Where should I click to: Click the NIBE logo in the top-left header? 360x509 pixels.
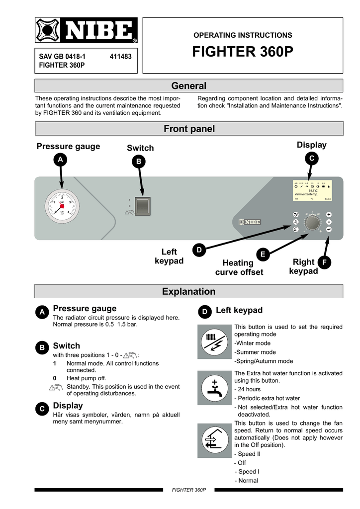pos(86,31)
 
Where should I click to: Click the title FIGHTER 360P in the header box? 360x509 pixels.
pos(243,53)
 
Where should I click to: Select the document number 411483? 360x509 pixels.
pos(120,57)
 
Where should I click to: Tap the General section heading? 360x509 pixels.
pos(188,86)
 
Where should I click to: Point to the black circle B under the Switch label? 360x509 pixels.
pos(139,162)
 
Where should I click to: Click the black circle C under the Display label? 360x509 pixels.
pos(311,158)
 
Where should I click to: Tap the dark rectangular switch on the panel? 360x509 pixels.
pos(142,206)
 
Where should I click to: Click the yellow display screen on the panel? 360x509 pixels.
pos(312,191)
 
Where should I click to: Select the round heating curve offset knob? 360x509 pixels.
pos(312,223)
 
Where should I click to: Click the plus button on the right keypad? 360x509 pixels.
pos(329,214)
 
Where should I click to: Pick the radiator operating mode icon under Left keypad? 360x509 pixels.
pos(215,341)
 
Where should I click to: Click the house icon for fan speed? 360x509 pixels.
pos(215,440)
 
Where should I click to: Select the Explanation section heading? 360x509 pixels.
pos(188,291)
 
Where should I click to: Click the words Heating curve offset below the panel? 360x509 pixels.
pos(239,267)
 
